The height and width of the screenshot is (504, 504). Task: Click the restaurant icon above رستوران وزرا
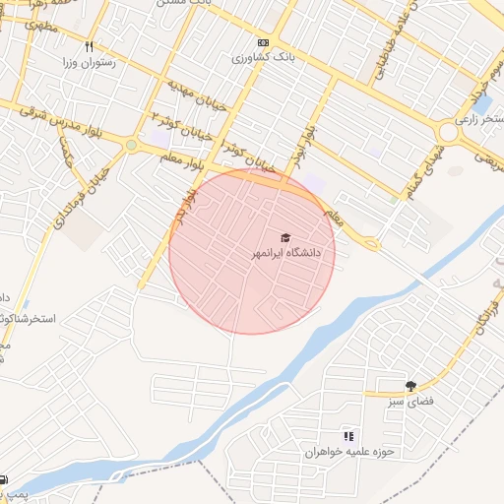pyautogui.click(x=90, y=47)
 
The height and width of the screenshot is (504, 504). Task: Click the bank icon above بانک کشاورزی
pyautogui.click(x=263, y=42)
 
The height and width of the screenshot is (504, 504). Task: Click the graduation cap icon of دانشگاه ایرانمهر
pyautogui.click(x=286, y=237)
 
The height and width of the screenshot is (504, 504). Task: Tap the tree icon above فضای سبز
pyautogui.click(x=409, y=386)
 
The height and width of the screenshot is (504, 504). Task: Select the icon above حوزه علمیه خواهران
pyautogui.click(x=347, y=435)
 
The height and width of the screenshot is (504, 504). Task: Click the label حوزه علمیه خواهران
pyautogui.click(x=348, y=451)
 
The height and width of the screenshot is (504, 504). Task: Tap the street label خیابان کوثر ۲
pyautogui.click(x=181, y=125)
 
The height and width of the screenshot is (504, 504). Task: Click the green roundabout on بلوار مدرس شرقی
pyautogui.click(x=132, y=145)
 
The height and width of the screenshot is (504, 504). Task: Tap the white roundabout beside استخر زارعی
pyautogui.click(x=448, y=132)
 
